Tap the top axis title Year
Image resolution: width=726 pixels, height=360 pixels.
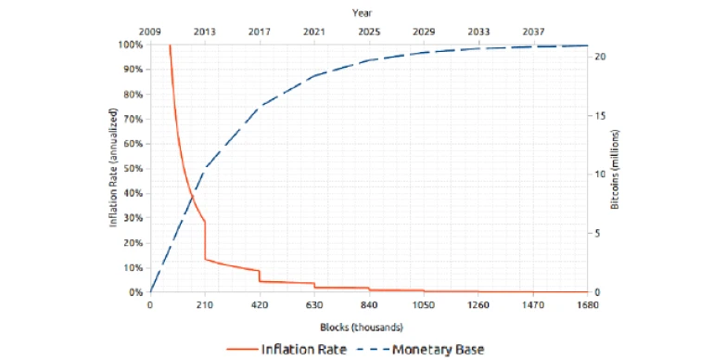(x=363, y=12)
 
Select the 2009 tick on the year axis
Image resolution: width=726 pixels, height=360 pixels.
(x=150, y=32)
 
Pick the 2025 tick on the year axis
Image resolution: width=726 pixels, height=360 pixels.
(x=369, y=32)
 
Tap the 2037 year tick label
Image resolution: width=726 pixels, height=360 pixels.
(x=533, y=32)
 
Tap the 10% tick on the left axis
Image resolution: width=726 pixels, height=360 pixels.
(x=133, y=268)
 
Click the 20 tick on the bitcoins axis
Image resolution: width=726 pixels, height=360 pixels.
(x=601, y=57)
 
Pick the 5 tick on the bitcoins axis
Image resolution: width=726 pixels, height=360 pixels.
(x=599, y=234)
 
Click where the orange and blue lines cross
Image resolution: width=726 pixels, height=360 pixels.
(x=190, y=196)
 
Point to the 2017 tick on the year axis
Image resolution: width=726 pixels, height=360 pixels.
(x=260, y=32)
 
